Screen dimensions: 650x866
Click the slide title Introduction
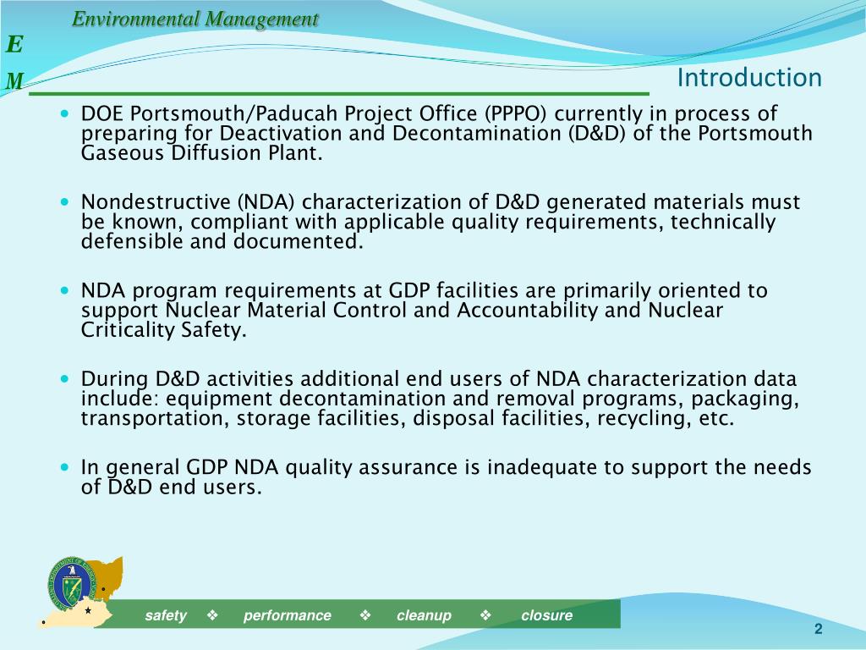click(x=749, y=78)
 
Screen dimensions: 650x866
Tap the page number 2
click(x=818, y=629)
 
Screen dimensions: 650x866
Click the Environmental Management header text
click(x=195, y=19)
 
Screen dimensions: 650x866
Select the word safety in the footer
click(x=166, y=615)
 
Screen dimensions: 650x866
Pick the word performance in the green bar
click(x=288, y=615)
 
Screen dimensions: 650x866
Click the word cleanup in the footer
click(x=424, y=615)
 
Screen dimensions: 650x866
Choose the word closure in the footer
click(x=546, y=615)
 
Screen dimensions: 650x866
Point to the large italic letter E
click(x=15, y=44)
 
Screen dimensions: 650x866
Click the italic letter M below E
click(x=15, y=81)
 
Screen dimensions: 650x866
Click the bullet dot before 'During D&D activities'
click(x=66, y=377)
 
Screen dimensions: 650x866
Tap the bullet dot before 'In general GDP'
click(x=66, y=466)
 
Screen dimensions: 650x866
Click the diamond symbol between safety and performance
click(x=212, y=615)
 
